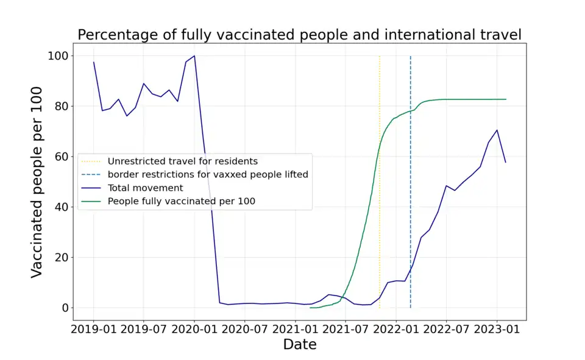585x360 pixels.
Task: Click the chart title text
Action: [x=299, y=35]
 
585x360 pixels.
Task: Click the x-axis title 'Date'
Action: [x=299, y=344]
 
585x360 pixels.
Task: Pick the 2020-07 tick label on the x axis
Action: [x=244, y=329]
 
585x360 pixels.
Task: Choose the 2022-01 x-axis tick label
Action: [x=395, y=329]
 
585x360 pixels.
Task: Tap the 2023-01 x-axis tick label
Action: [x=496, y=329]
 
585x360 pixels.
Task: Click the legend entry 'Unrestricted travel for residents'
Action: [x=182, y=161]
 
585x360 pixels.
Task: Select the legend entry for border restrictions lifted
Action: [x=208, y=174]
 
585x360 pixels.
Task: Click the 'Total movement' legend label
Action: [x=145, y=188]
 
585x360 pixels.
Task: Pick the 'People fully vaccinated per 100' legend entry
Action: [x=181, y=201]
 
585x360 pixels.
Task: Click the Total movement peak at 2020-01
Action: [x=194, y=56]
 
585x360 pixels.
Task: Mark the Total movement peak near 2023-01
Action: [x=497, y=130]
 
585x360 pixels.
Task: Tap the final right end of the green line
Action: [x=506, y=99]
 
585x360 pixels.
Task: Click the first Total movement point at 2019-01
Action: [x=93, y=62]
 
